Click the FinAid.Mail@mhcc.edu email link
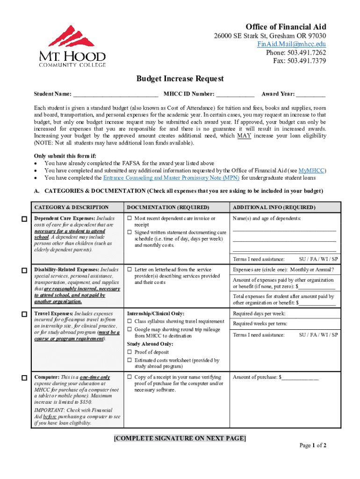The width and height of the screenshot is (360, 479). (x=292, y=44)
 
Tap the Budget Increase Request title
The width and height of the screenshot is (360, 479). (x=180, y=79)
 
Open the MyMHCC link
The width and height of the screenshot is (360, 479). (x=312, y=170)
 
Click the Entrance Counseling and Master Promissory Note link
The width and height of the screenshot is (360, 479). (x=171, y=178)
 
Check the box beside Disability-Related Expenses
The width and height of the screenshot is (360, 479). (x=23, y=270)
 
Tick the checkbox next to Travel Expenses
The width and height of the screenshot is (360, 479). (x=23, y=314)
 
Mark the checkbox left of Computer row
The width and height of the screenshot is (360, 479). (x=23, y=377)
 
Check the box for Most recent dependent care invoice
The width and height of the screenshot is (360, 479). (x=130, y=218)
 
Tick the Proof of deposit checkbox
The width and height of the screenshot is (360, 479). (x=130, y=352)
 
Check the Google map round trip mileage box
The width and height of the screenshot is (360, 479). (x=130, y=329)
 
